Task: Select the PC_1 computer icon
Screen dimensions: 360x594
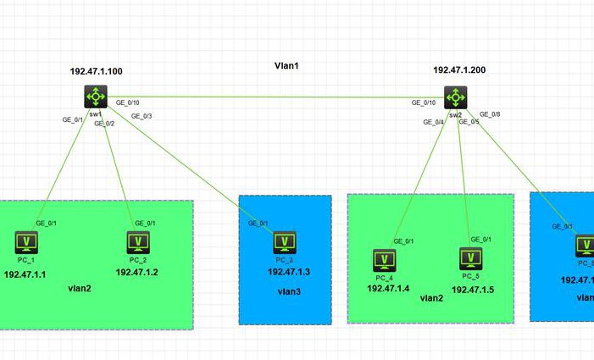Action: coord(28,243)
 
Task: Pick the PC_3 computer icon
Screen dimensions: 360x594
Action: coord(284,243)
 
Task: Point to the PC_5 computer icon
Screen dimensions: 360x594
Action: coord(471,258)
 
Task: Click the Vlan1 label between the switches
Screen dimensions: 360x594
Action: coord(287,65)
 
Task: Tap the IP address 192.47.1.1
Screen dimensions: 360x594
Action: coord(25,275)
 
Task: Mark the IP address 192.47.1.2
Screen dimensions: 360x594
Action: coord(137,272)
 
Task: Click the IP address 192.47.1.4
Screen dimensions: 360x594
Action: coord(388,288)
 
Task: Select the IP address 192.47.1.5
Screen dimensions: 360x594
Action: coord(473,289)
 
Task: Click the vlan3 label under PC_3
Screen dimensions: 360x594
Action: coord(286,291)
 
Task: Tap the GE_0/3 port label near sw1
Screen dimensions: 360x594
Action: coord(142,115)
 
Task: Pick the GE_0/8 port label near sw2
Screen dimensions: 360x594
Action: coord(490,114)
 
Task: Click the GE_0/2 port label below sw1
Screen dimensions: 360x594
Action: coord(104,124)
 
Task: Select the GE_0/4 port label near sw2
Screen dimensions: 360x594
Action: coord(433,122)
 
